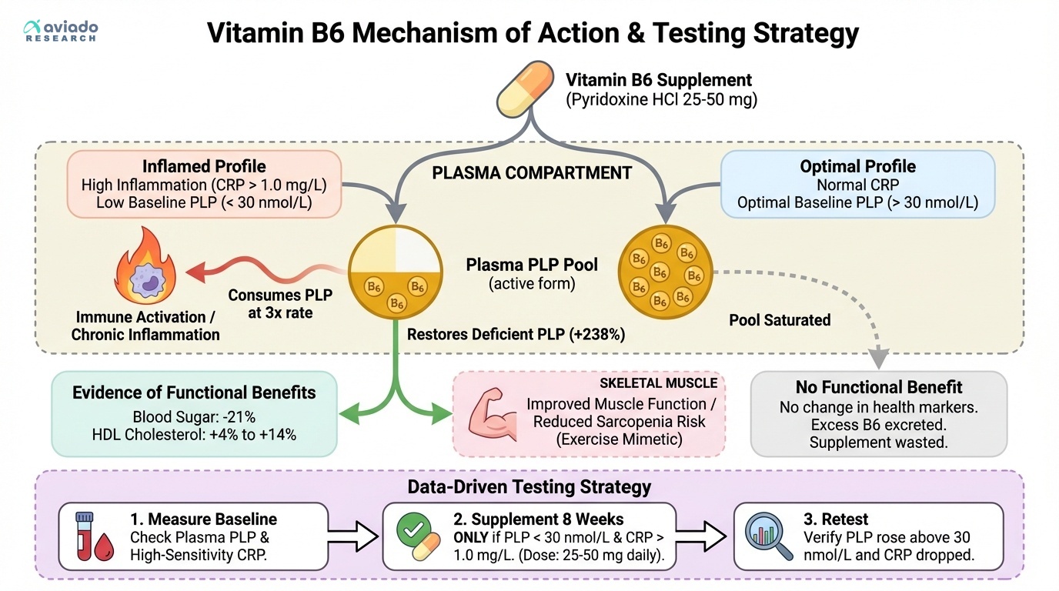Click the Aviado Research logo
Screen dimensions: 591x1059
click(62, 31)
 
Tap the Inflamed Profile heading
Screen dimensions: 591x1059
click(204, 166)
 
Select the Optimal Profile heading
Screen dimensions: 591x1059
click(857, 166)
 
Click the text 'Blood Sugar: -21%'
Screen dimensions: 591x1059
click(194, 416)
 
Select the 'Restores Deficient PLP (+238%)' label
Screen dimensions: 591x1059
click(516, 335)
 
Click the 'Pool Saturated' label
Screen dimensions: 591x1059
click(780, 320)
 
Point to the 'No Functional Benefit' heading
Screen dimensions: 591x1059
click(879, 387)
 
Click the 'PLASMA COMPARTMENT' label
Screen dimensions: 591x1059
click(532, 173)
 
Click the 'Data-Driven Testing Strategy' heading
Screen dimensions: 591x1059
click(529, 486)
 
